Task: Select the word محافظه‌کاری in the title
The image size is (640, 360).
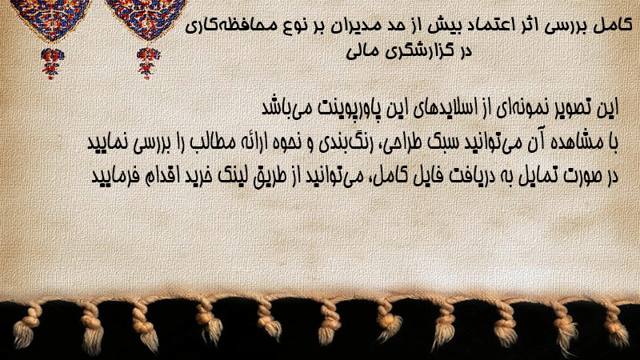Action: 226,26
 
